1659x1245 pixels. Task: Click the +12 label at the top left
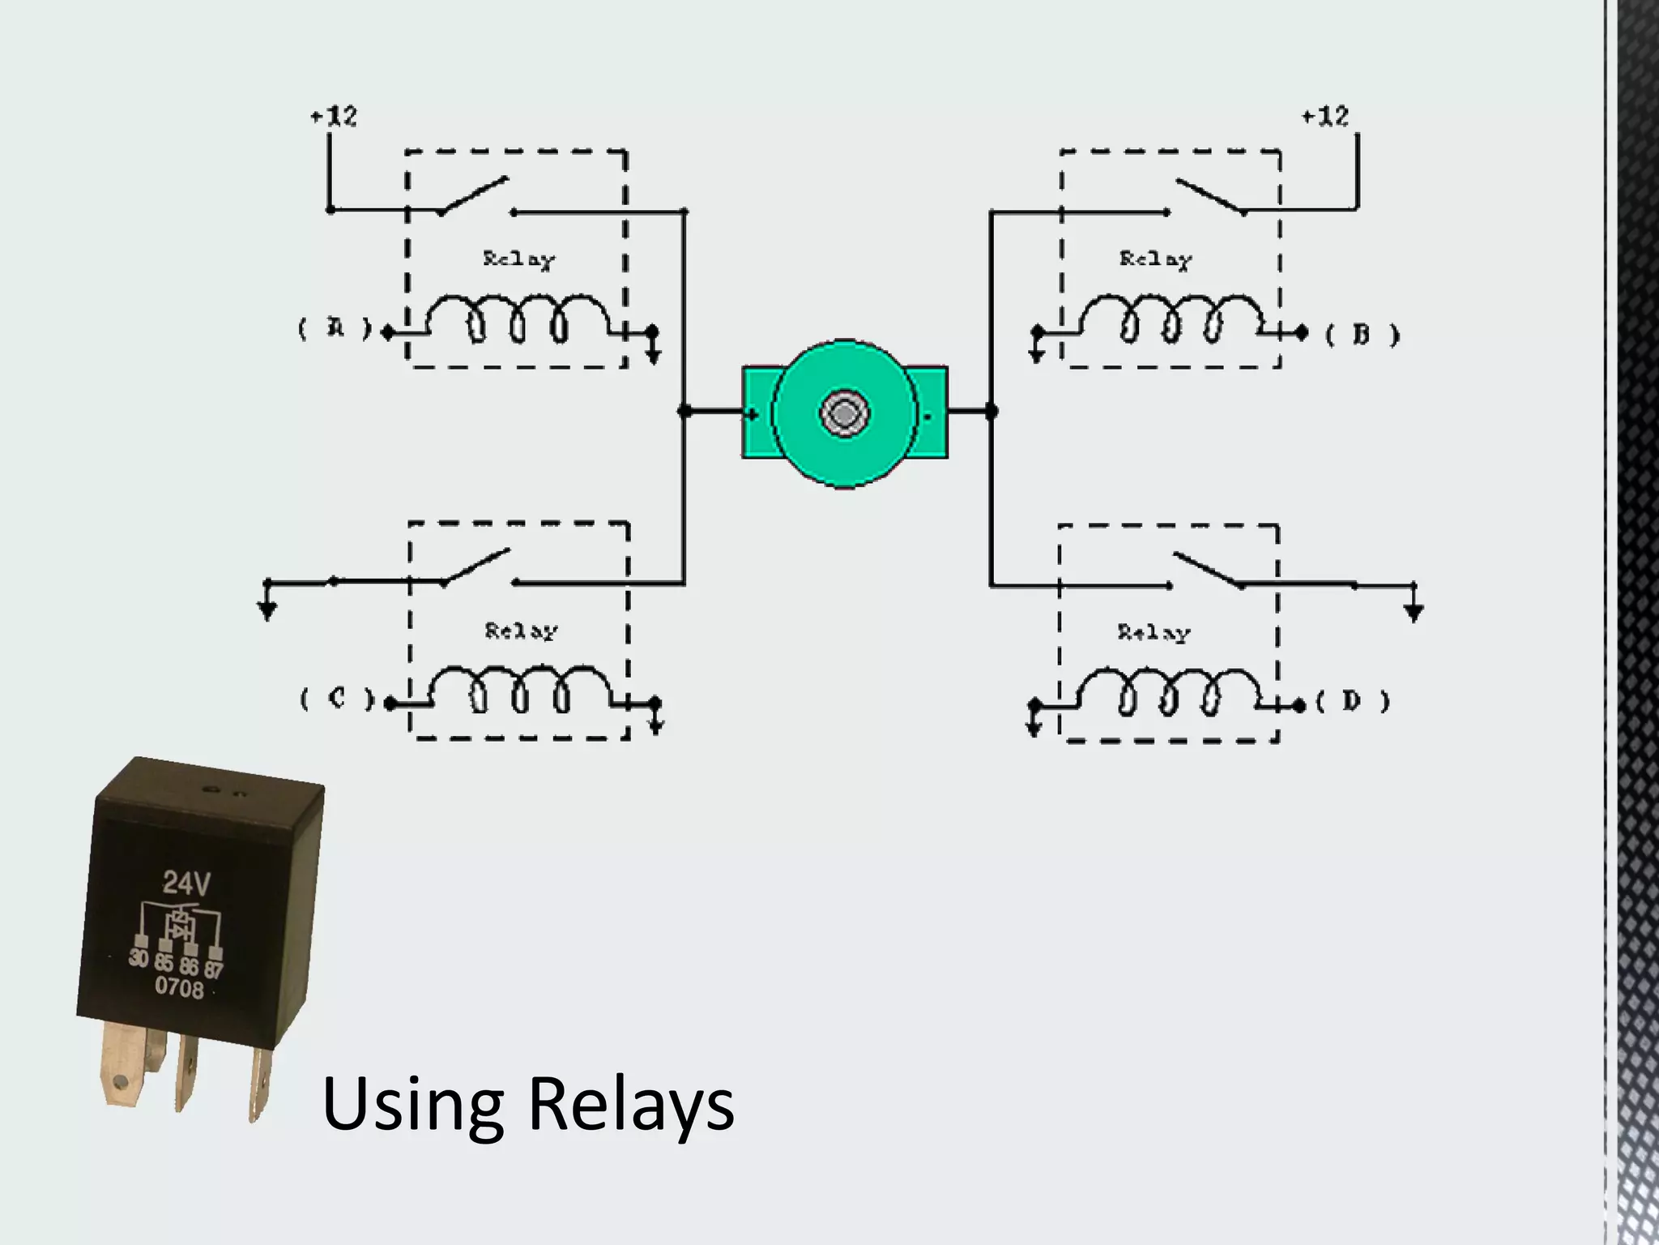pyautogui.click(x=334, y=117)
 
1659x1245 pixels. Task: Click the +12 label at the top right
pyautogui.click(x=1325, y=117)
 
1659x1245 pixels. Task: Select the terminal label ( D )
pyautogui.click(x=1353, y=701)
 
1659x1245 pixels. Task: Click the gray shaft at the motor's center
pyautogui.click(x=844, y=413)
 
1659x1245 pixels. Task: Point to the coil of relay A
pyautogui.click(x=518, y=320)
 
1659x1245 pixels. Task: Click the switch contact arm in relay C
pyautogui.click(x=476, y=567)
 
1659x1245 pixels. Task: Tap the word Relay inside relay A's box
pyautogui.click(x=519, y=259)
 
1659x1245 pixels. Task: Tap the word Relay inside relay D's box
pyautogui.click(x=1154, y=632)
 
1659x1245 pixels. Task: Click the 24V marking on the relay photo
pyautogui.click(x=186, y=882)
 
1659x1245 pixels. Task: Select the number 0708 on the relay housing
pyautogui.click(x=179, y=987)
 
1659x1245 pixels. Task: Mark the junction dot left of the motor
pyautogui.click(x=684, y=411)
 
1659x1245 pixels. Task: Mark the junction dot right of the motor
pyautogui.click(x=991, y=411)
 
